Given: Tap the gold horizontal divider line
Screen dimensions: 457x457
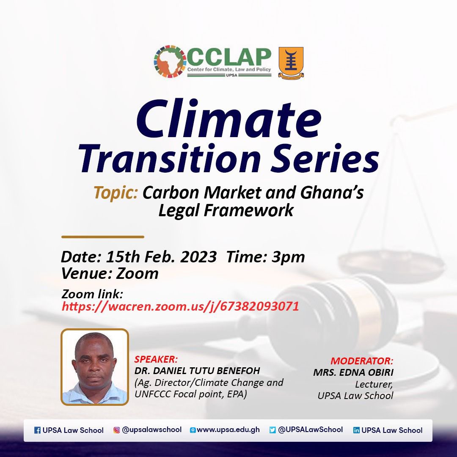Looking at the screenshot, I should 103,237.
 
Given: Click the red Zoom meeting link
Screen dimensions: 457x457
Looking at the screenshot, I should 180,306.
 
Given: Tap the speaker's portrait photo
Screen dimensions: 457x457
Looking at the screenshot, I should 95,367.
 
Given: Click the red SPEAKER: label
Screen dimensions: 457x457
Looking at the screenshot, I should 156,360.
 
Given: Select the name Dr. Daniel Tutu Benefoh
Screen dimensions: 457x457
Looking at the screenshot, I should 197,371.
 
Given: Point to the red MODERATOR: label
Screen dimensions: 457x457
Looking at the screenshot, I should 362,361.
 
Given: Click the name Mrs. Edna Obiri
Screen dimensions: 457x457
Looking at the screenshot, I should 353,373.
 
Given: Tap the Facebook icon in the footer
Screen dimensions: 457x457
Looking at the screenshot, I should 37,430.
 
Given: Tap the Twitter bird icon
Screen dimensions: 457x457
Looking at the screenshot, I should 273,430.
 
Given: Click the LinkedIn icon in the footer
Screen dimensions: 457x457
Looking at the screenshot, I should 356,430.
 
